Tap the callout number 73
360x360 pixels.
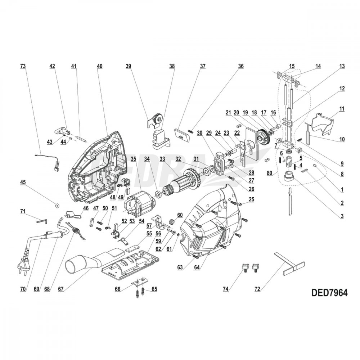tap(23, 66)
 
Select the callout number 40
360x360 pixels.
tap(100, 66)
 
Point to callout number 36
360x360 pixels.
tap(240, 66)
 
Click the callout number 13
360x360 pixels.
tap(342, 66)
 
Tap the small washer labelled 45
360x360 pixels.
tap(57, 206)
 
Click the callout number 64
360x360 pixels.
tap(197, 267)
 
